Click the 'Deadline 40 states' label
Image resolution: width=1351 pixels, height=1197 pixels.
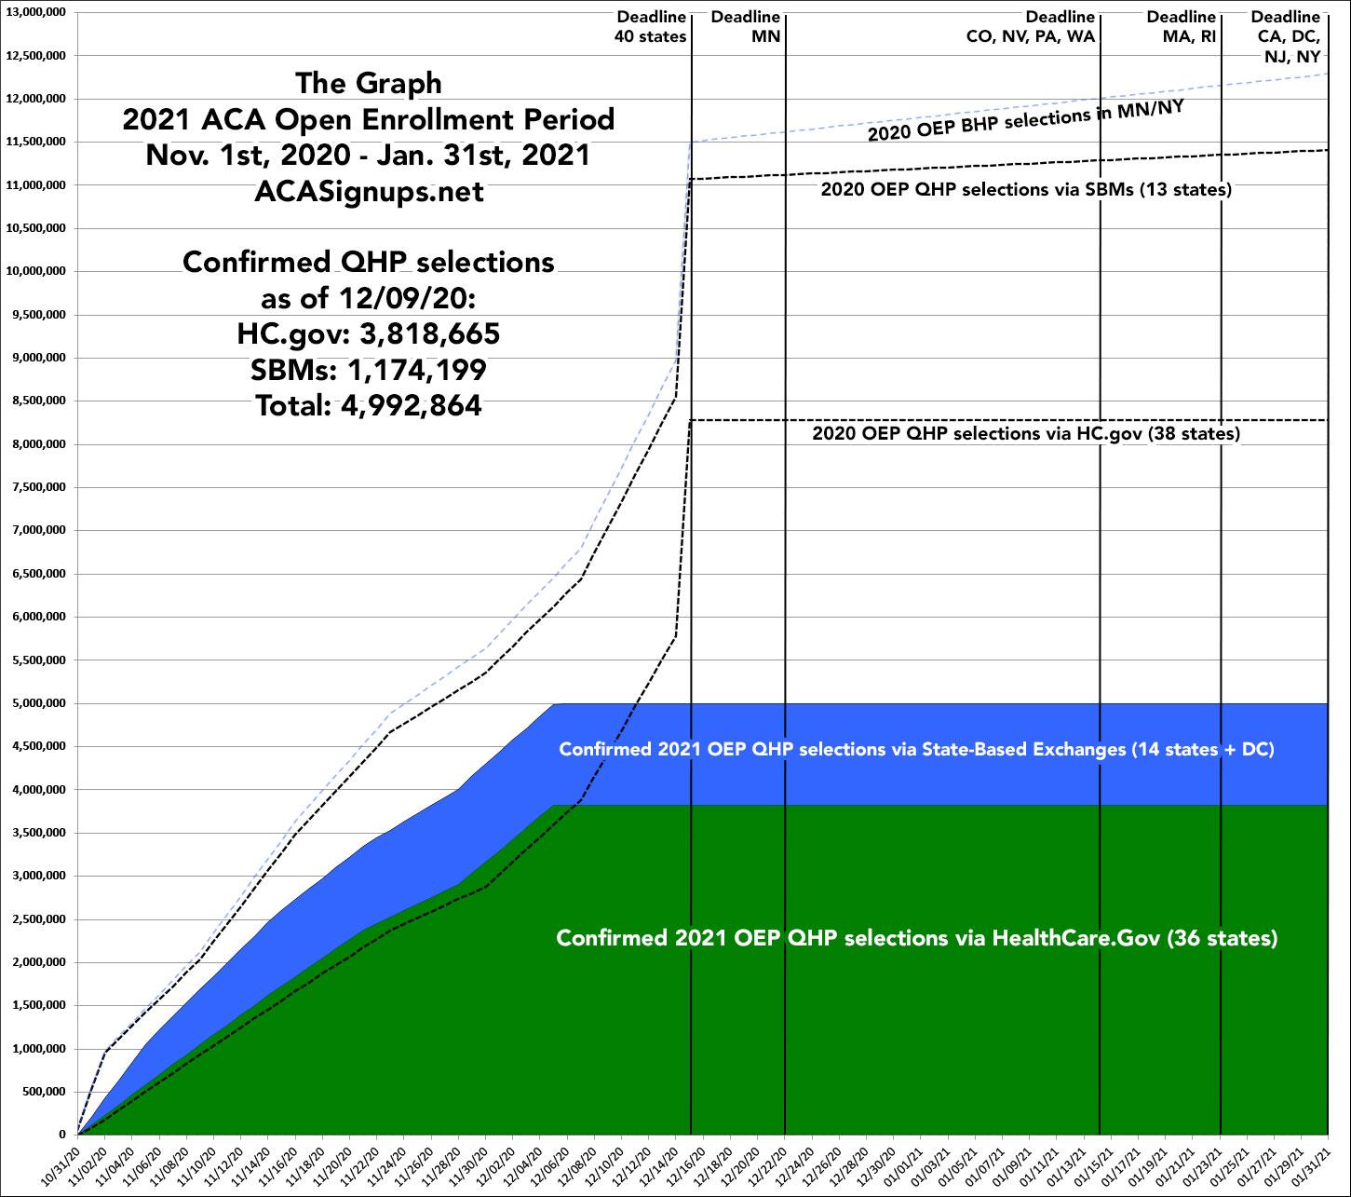click(651, 27)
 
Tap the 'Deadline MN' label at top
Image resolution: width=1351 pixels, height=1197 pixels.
click(746, 27)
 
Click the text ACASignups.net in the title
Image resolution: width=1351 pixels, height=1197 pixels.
click(369, 191)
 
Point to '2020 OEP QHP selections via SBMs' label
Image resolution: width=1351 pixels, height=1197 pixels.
click(1026, 189)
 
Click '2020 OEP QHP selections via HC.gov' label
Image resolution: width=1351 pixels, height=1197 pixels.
click(1026, 433)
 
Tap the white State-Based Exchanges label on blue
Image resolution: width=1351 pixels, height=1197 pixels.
click(916, 749)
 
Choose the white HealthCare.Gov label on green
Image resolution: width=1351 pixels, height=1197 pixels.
click(916, 937)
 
